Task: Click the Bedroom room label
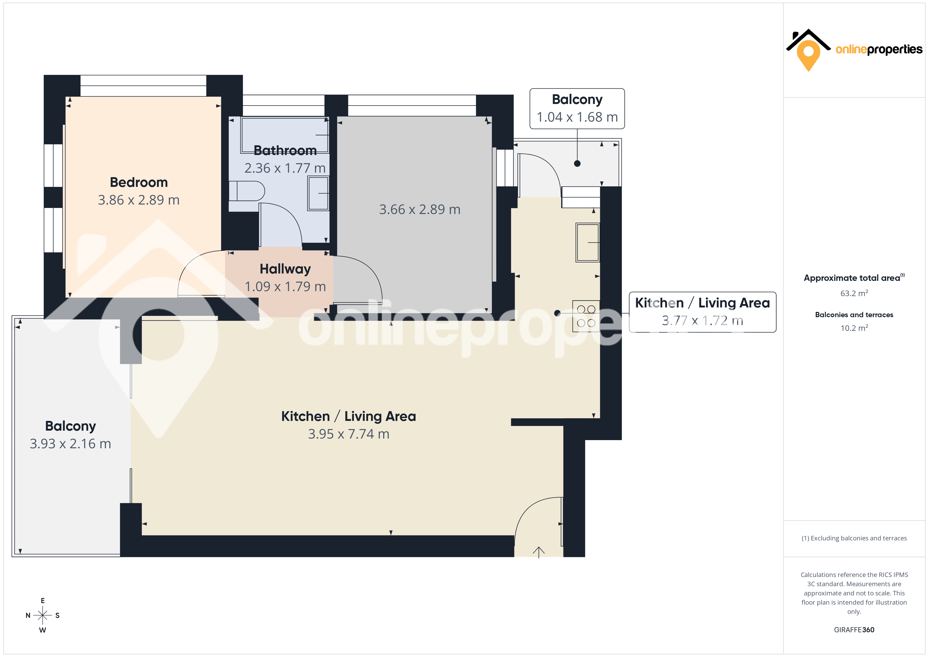pos(139,182)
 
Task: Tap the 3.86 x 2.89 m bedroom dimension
pos(139,200)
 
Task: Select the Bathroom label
pos(285,151)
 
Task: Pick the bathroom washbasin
pos(318,193)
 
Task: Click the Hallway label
pos(285,269)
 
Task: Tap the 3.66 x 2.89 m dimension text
pos(419,210)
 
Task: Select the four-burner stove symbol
pos(586,316)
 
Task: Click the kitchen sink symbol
pos(588,242)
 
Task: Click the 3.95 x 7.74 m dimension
pos(349,434)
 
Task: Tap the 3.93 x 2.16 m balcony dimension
pos(70,444)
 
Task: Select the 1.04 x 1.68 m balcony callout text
pos(577,117)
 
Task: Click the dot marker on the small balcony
pos(577,163)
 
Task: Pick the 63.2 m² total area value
pos(854,293)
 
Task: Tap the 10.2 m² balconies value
pos(854,328)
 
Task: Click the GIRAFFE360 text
pos(854,630)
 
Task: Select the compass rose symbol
pos(42,615)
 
